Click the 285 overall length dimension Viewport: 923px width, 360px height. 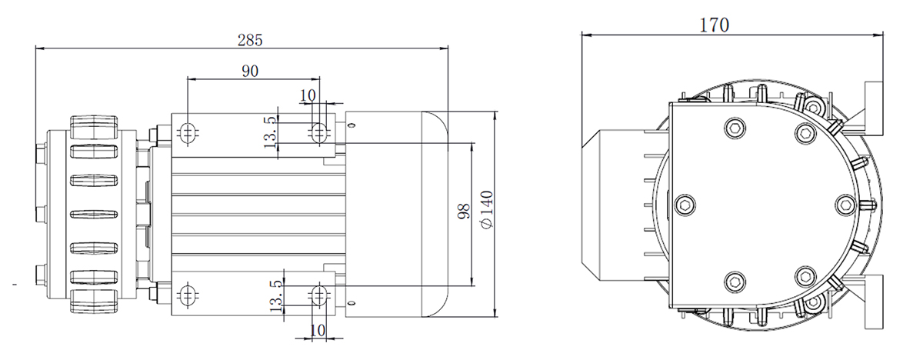250,40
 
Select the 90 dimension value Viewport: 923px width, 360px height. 250,71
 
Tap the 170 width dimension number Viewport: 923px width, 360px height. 714,25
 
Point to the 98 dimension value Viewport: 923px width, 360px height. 464,212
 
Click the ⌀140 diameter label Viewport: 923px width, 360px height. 487,210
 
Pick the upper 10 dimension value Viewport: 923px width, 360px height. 308,95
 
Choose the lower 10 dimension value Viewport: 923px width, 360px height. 317,330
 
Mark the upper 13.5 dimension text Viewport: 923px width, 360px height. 271,132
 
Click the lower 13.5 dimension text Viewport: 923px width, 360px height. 276,295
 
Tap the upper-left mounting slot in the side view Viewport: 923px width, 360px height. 188,133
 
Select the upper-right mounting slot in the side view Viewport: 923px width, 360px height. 318,132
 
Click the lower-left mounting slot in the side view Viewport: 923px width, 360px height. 188,295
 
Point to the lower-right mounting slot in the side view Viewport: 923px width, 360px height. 318,295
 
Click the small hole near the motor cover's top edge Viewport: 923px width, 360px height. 352,125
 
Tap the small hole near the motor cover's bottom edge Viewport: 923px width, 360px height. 352,304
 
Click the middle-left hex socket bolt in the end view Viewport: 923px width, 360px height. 685,205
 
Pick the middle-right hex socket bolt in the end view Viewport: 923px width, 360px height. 846,205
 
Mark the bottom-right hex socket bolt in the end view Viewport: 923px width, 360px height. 805,277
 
